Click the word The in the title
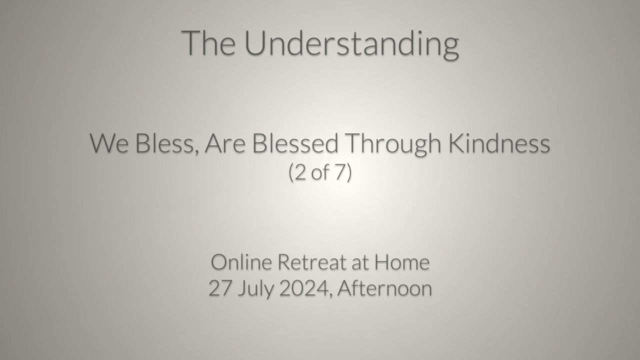tap(208, 43)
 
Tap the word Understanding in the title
tap(351, 45)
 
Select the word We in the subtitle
tap(109, 143)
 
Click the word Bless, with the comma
tap(167, 143)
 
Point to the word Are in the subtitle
tap(225, 143)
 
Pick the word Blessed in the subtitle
tap(295, 142)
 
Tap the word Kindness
tap(499, 142)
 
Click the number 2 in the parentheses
tap(300, 172)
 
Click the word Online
tap(241, 261)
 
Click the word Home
tap(402, 262)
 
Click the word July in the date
tap(255, 289)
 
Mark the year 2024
tap(304, 288)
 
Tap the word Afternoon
tap(384, 288)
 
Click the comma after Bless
tap(196, 152)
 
